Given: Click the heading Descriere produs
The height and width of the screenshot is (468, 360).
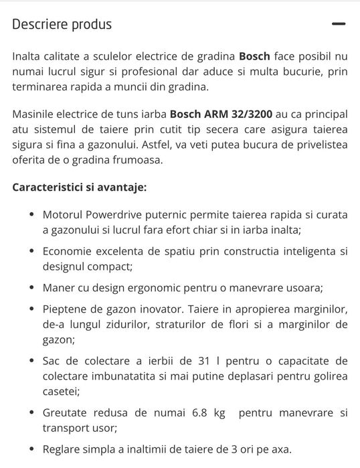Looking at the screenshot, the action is click(x=62, y=25).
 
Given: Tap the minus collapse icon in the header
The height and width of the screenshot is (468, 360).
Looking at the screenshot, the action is click(x=339, y=24).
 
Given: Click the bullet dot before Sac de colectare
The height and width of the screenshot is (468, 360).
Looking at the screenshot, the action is click(x=32, y=361).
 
